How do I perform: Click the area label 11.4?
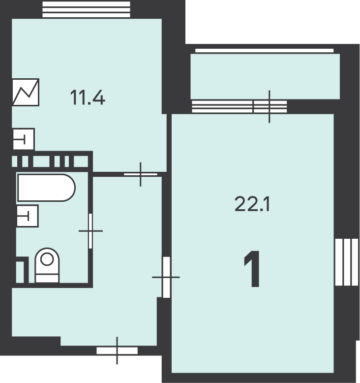point(88,97)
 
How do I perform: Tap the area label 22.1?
point(252,204)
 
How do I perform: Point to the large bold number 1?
point(252,269)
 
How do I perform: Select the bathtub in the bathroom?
point(46,188)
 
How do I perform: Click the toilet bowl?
point(47,265)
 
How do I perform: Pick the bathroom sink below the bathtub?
point(28,216)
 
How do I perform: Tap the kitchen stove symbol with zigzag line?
point(26,92)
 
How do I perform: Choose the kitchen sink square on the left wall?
point(24,139)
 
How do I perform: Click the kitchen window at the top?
point(86,9)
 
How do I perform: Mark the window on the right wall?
point(347,262)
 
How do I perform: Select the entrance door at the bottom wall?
point(117,351)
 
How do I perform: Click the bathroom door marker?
point(90,231)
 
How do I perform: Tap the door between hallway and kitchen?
point(141,174)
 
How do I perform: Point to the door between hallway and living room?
point(166,277)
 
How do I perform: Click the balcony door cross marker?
point(270,106)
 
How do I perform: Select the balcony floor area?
point(265,76)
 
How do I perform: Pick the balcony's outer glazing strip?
point(264,51)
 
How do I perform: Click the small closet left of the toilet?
point(20,272)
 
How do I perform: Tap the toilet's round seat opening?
point(47,259)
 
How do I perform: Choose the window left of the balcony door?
point(222,106)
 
